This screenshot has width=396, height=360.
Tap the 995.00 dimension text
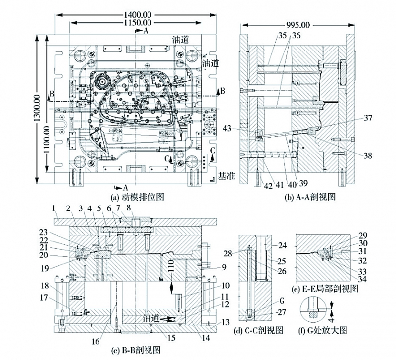coord(297,24)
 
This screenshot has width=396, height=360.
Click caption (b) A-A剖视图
coord(311,197)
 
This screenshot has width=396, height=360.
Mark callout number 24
coord(282,244)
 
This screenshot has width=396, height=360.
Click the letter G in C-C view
coord(281,301)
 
